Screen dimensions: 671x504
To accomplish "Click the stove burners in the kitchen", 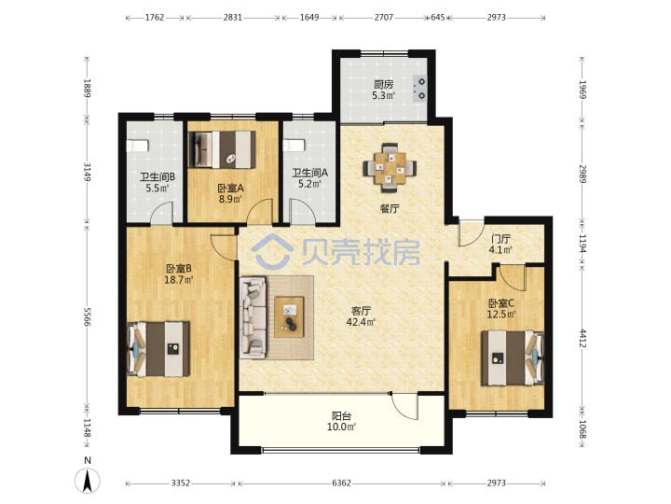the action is pyautogui.click(x=421, y=89).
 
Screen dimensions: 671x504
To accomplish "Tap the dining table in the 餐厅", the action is pyautogui.click(x=390, y=168).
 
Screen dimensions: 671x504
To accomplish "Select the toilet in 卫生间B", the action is pyautogui.click(x=137, y=146).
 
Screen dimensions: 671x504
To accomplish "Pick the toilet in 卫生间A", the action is pyautogui.click(x=294, y=146).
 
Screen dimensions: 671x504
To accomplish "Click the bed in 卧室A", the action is pyautogui.click(x=222, y=149).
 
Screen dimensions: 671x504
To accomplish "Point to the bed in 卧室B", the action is pyautogui.click(x=158, y=349).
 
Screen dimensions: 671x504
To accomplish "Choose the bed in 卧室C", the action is pyautogui.click(x=513, y=357).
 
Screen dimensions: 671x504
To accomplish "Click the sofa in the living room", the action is pyautogui.click(x=253, y=317).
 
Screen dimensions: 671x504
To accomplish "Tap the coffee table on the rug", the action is pyautogui.click(x=289, y=316).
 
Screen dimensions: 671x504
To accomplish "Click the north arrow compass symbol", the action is pyautogui.click(x=88, y=480).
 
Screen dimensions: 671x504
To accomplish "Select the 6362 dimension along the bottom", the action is pyautogui.click(x=341, y=483).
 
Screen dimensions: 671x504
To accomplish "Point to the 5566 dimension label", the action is pyautogui.click(x=88, y=316).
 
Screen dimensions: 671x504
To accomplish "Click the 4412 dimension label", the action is pyautogui.click(x=582, y=338).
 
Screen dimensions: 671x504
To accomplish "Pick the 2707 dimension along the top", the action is pyautogui.click(x=383, y=18).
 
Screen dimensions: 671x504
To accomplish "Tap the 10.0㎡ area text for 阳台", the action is pyautogui.click(x=341, y=427).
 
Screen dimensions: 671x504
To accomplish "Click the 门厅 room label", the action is pyautogui.click(x=500, y=239).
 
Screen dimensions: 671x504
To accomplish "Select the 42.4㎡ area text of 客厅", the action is pyautogui.click(x=361, y=322).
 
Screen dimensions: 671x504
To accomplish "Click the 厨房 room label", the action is pyautogui.click(x=383, y=84).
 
